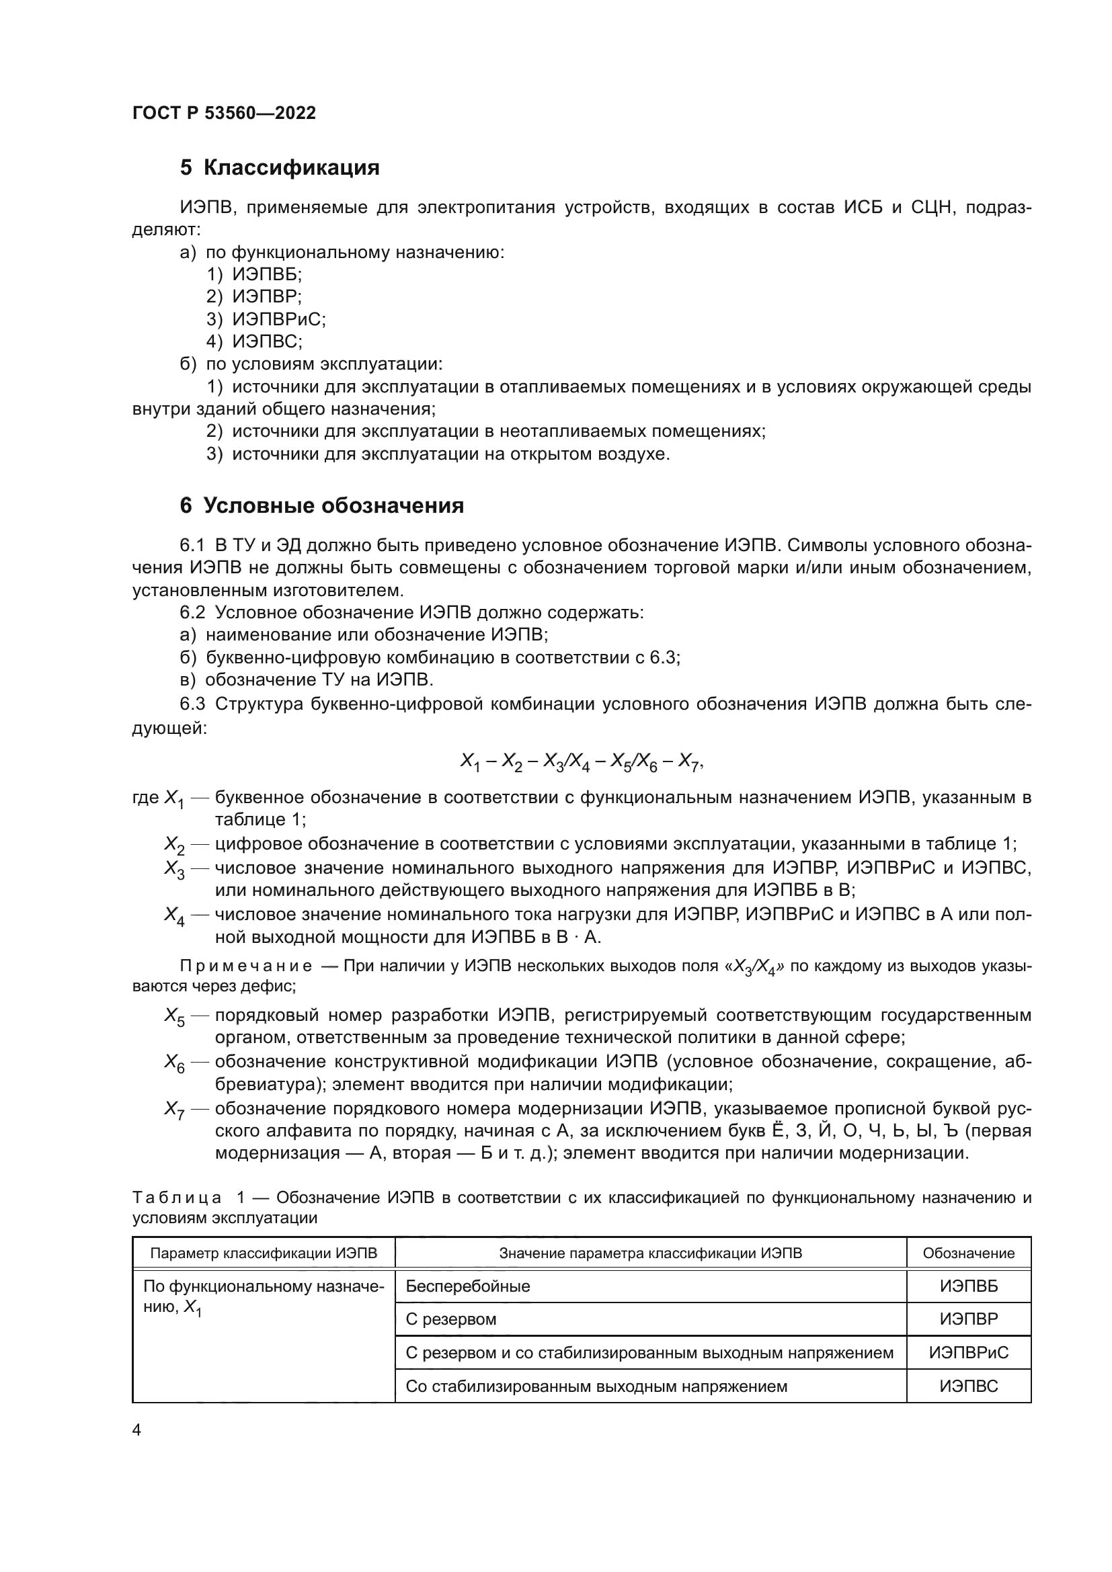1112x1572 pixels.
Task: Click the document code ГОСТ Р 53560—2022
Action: [x=224, y=114]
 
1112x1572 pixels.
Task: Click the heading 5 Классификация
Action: [x=280, y=167]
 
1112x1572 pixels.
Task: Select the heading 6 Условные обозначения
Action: [x=322, y=505]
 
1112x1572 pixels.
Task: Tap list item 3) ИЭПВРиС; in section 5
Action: [x=266, y=319]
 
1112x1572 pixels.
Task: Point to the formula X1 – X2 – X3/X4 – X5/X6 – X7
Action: [x=582, y=762]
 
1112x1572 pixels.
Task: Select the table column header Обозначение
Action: [x=968, y=1253]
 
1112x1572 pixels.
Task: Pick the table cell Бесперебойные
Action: [x=468, y=1286]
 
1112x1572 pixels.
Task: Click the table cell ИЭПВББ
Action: [x=968, y=1286]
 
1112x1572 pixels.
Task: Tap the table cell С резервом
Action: [x=450, y=1319]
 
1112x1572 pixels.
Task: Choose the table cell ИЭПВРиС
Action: [x=968, y=1352]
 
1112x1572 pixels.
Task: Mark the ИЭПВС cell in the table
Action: [x=968, y=1386]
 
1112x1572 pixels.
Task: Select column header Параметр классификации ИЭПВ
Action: [x=264, y=1253]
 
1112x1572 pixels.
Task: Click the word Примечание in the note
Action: [x=246, y=966]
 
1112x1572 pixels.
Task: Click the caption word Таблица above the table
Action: [x=177, y=1198]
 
